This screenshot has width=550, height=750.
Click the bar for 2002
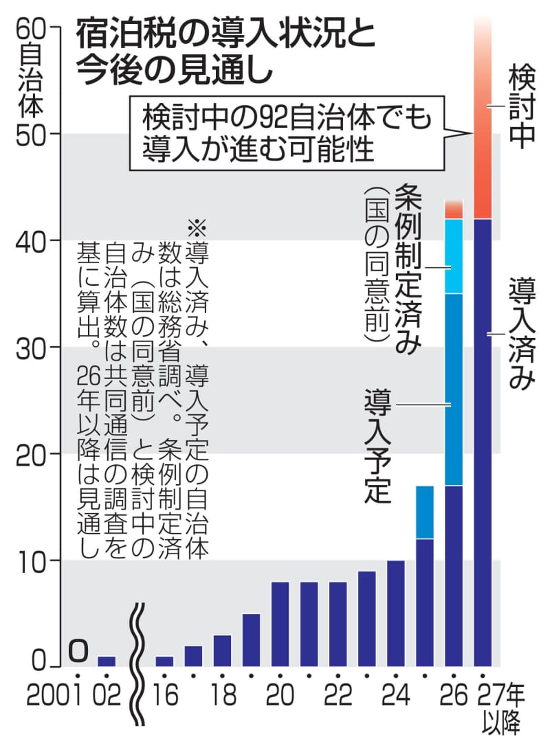click(107, 661)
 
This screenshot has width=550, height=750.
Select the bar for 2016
click(164, 661)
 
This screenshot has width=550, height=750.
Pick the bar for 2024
click(396, 613)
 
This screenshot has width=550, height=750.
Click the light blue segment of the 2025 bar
click(425, 512)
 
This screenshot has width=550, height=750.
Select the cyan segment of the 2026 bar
click(454, 256)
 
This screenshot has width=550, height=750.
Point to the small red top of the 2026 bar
click(454, 209)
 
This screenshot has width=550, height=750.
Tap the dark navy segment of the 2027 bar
click(483, 440)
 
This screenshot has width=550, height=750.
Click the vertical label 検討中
click(520, 106)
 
